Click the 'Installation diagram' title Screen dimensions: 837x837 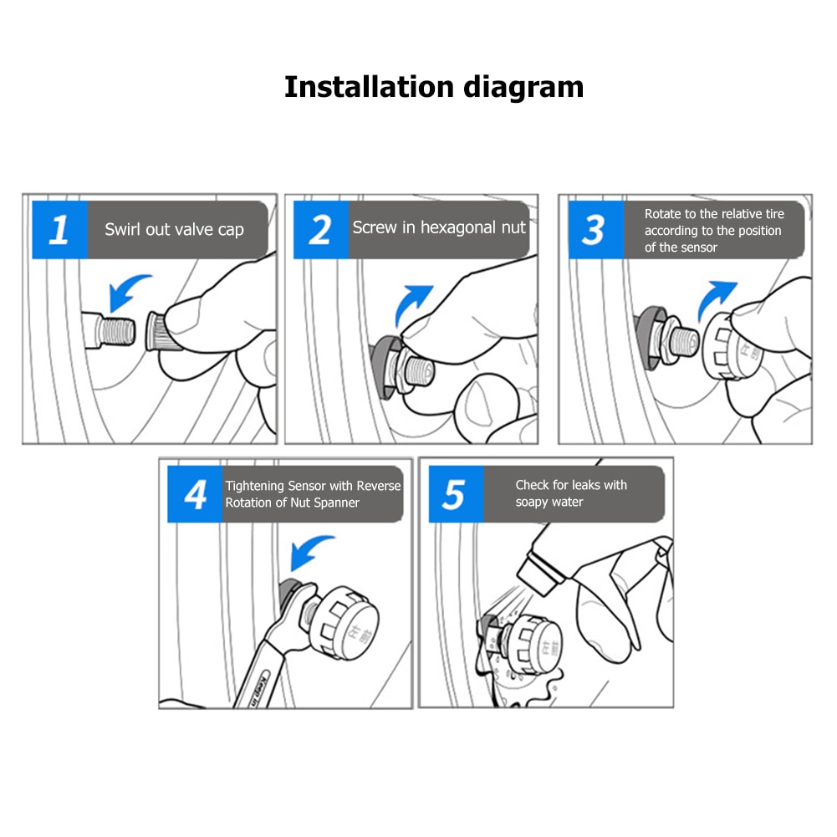(x=434, y=87)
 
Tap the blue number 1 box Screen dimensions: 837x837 (x=60, y=230)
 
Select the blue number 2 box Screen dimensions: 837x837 (x=321, y=230)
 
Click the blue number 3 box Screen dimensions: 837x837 (x=595, y=230)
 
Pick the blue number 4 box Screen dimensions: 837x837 (x=195, y=494)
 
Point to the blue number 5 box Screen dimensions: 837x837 (x=456, y=494)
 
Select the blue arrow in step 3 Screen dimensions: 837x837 (x=715, y=300)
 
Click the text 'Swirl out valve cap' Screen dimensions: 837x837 (x=174, y=229)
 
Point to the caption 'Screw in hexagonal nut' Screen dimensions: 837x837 (x=439, y=227)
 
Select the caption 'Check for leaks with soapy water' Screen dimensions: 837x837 (x=571, y=493)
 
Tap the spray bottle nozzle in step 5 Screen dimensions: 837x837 (x=539, y=574)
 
